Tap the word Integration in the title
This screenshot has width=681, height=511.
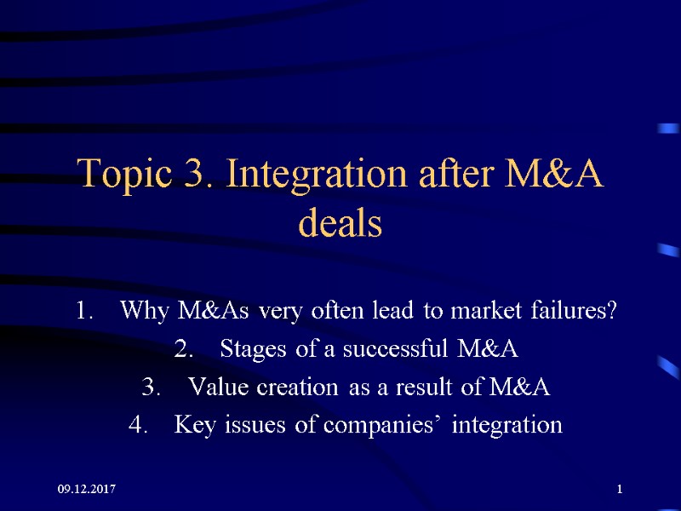(313, 176)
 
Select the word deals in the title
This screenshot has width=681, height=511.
(340, 224)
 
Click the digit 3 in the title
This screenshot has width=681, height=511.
(193, 176)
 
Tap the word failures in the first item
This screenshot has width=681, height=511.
(574, 311)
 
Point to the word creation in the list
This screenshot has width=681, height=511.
(290, 388)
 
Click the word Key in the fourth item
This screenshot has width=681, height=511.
(191, 425)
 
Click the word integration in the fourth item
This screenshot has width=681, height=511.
(507, 425)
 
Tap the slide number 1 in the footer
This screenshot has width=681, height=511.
(620, 490)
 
